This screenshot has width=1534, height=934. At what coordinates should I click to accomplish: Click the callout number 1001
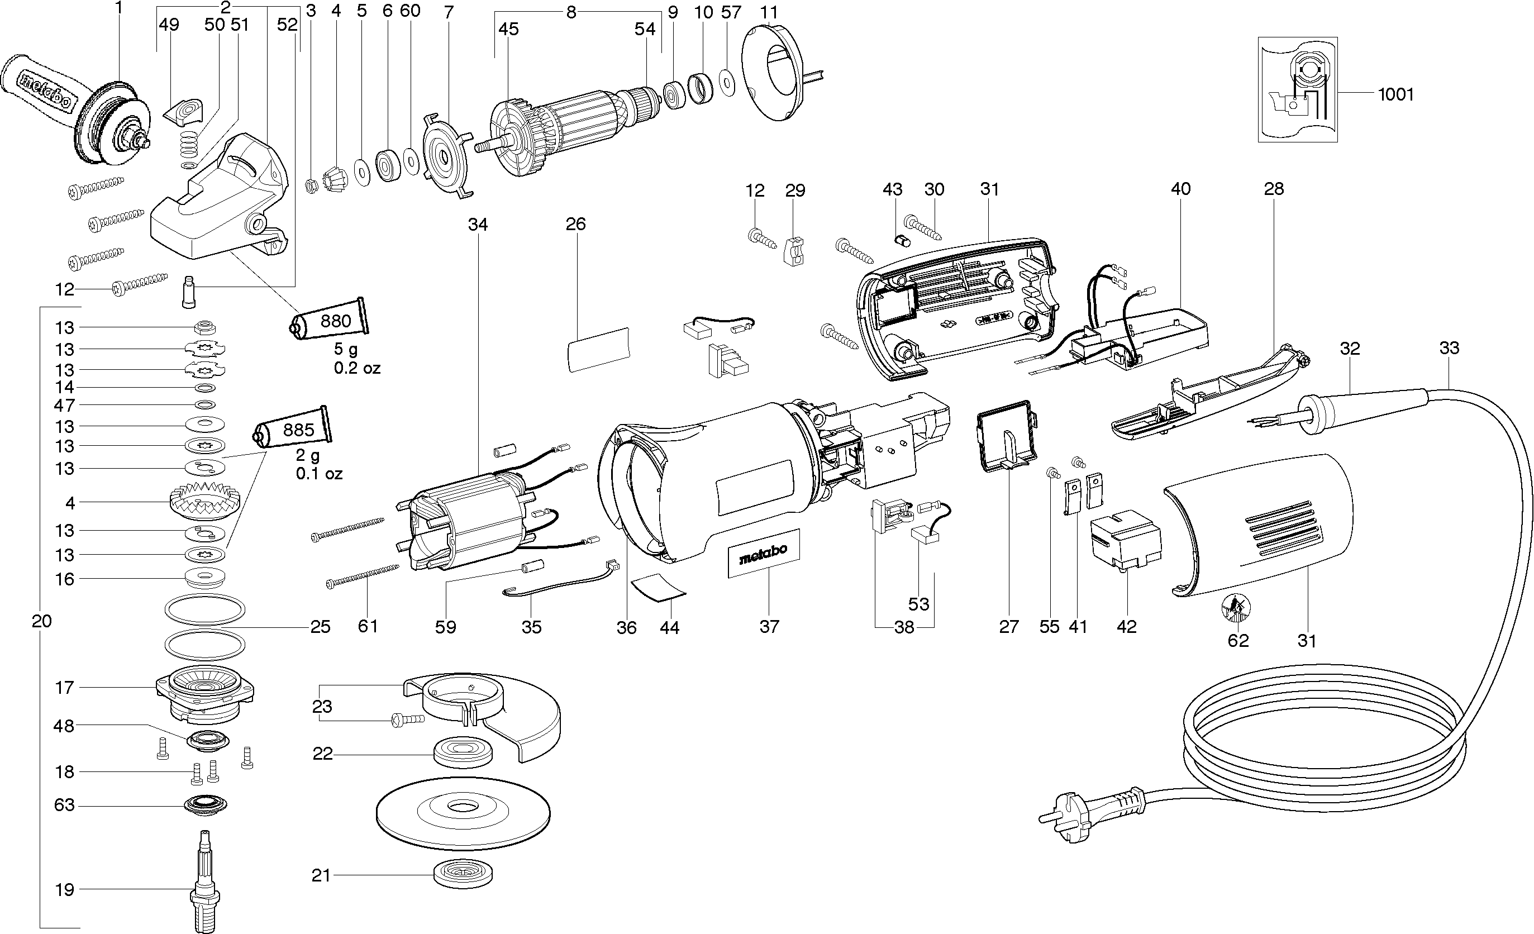(x=1396, y=94)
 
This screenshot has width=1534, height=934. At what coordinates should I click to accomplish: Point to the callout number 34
(x=478, y=224)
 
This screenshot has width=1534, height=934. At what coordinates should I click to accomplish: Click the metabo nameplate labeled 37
(x=763, y=553)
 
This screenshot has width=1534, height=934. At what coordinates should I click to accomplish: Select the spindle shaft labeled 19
(x=206, y=884)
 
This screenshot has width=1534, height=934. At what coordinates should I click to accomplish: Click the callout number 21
(x=321, y=876)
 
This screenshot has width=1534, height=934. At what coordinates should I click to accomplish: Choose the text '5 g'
(x=346, y=349)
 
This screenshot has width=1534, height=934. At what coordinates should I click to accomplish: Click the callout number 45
(x=509, y=29)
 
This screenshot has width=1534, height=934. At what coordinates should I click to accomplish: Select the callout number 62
(x=1238, y=641)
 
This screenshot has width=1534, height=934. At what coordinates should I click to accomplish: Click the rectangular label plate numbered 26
(x=598, y=349)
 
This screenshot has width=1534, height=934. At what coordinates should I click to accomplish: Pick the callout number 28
(x=1274, y=189)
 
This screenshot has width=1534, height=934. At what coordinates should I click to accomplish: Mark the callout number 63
(x=64, y=805)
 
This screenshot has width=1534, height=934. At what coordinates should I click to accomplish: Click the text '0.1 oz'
(x=319, y=474)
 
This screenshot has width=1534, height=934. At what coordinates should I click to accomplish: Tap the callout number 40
(x=1180, y=189)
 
